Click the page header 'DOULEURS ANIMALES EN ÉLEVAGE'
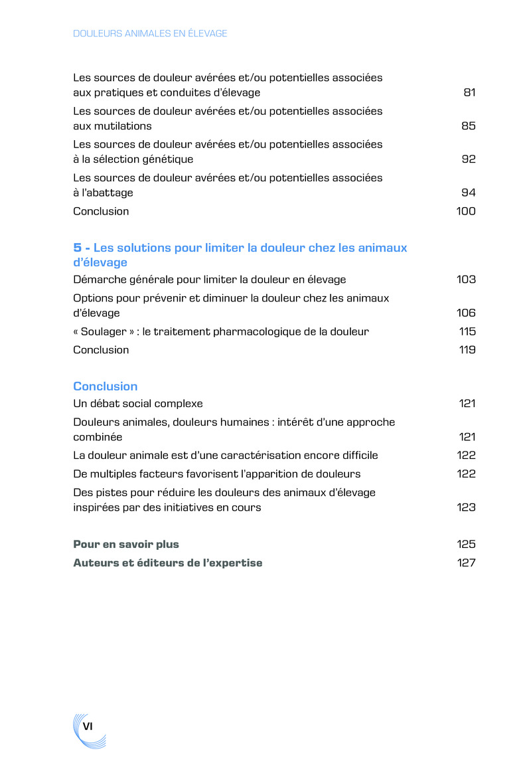click(150, 33)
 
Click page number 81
click(469, 93)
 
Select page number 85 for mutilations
click(469, 126)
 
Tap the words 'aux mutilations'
click(112, 126)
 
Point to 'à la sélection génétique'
click(133, 159)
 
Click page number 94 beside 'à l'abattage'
click(469, 193)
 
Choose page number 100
click(466, 211)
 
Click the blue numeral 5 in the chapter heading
click(77, 248)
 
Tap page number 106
click(466, 313)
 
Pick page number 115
click(467, 331)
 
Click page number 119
click(467, 350)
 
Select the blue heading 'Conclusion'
click(106, 386)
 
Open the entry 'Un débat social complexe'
click(138, 404)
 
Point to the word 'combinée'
click(98, 437)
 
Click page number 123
click(466, 507)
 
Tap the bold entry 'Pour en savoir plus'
click(126, 545)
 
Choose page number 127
click(467, 563)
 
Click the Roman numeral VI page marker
click(87, 726)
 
